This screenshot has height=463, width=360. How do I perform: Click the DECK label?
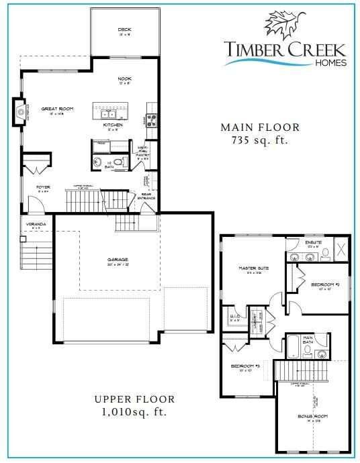pyautogui.click(x=124, y=30)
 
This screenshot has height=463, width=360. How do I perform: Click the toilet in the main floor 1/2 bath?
pyautogui.click(x=119, y=162)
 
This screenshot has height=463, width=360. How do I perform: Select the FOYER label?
pyautogui.click(x=44, y=187)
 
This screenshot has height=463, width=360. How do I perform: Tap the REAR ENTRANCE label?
pyautogui.click(x=148, y=197)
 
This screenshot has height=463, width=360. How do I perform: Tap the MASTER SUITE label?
pyautogui.click(x=254, y=268)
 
